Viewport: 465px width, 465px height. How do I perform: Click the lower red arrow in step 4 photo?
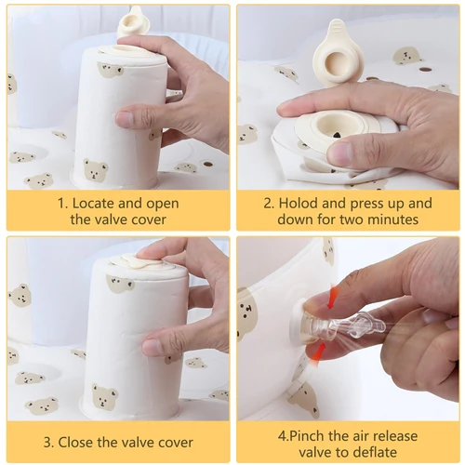[318, 350]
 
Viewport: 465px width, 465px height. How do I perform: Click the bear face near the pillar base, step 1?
[95, 170]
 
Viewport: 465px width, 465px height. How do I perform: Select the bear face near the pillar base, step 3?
[104, 396]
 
